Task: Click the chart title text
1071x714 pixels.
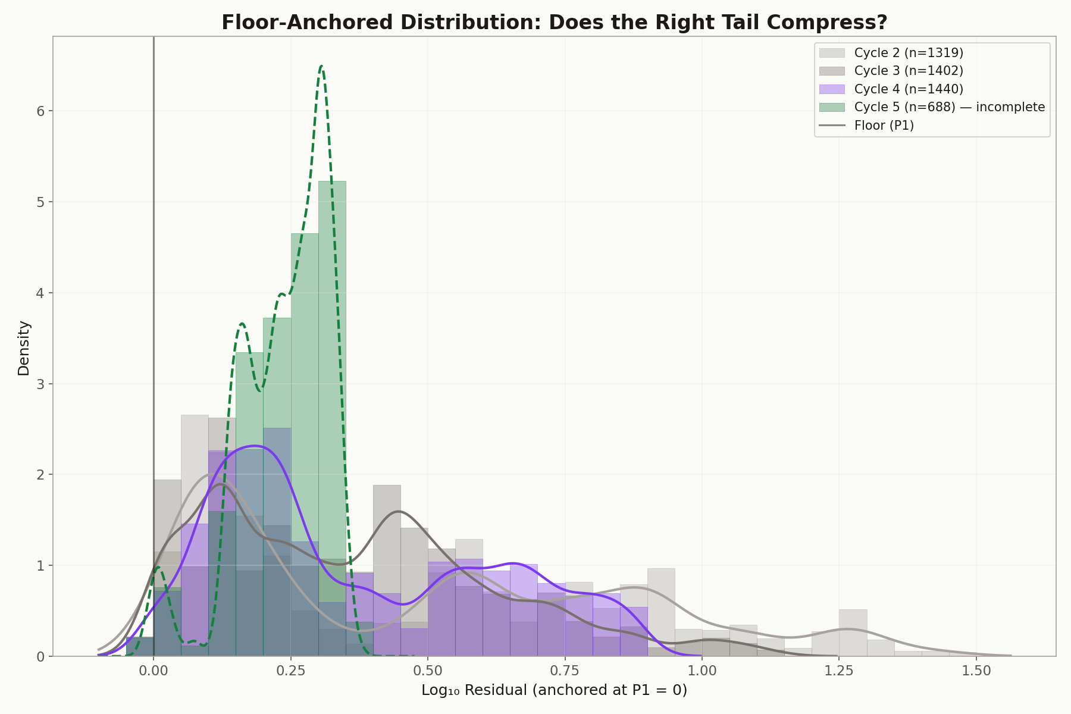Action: pos(554,23)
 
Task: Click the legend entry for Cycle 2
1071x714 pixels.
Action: pos(908,53)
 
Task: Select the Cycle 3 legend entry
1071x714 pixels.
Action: pos(908,71)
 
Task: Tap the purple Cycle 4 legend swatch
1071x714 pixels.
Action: pos(832,89)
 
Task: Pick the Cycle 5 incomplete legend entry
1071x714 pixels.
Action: pos(949,107)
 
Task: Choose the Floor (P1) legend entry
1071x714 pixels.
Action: pos(884,126)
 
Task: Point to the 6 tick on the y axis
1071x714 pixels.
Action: pos(41,111)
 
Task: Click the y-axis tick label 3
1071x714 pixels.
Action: pos(41,384)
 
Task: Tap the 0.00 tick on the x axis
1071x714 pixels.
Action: pos(154,671)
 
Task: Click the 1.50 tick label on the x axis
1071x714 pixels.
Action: pos(976,671)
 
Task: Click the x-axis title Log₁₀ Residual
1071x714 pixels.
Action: pos(554,691)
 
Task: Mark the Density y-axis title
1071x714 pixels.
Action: pos(24,348)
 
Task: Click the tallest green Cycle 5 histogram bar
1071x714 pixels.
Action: pos(332,416)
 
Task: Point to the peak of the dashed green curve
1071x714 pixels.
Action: pos(321,67)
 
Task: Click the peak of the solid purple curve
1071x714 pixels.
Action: pos(255,446)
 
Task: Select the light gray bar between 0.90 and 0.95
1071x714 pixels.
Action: pos(661,613)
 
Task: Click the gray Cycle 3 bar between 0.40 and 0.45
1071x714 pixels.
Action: pos(387,571)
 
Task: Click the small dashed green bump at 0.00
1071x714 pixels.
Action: pos(158,568)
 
